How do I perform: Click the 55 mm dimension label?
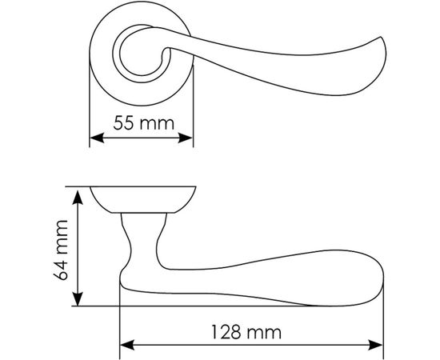point(141,124)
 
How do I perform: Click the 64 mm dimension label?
point(59,249)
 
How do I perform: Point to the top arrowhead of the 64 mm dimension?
point(77,194)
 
